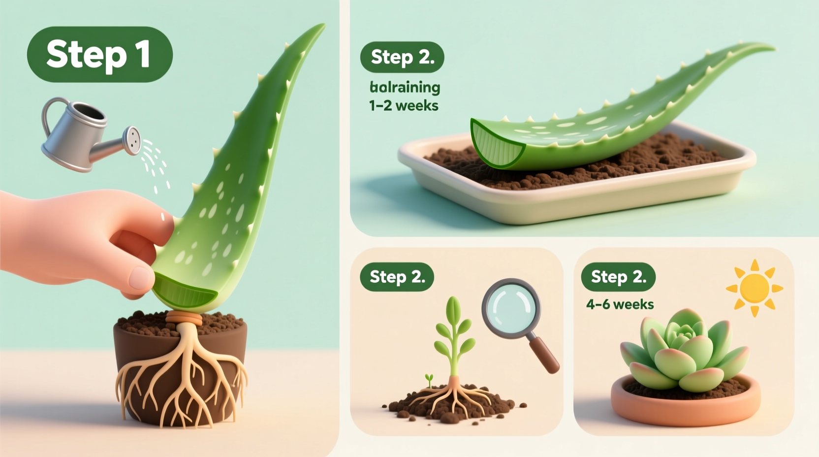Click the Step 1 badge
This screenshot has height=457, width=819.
(99, 54)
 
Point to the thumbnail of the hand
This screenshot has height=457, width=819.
(141, 278)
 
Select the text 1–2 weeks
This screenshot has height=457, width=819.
(404, 105)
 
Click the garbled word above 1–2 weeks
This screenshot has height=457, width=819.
(405, 88)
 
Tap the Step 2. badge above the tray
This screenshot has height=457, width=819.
(402, 57)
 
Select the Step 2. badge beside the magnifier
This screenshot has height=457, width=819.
(397, 277)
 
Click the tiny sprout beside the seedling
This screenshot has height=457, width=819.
(429, 380)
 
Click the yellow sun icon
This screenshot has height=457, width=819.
(754, 288)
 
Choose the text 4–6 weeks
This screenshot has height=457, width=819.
(620, 304)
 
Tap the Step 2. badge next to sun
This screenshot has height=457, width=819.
(618, 277)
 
